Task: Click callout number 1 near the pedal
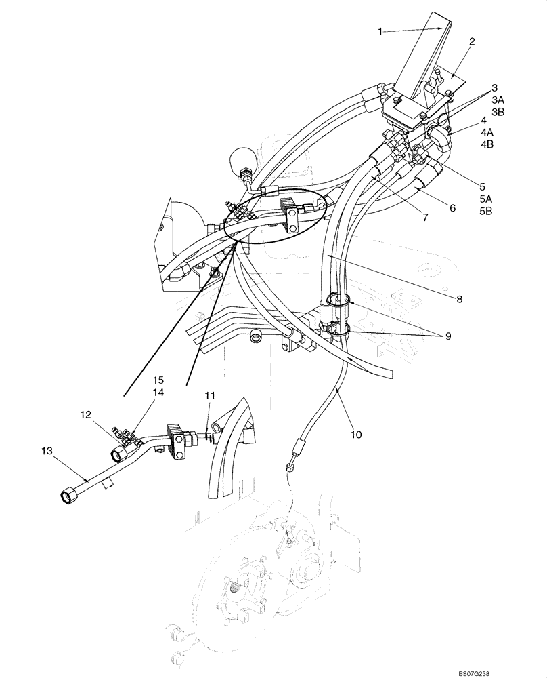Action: (380, 31)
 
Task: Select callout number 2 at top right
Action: (471, 41)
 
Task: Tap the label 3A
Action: (498, 99)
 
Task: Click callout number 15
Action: (158, 380)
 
